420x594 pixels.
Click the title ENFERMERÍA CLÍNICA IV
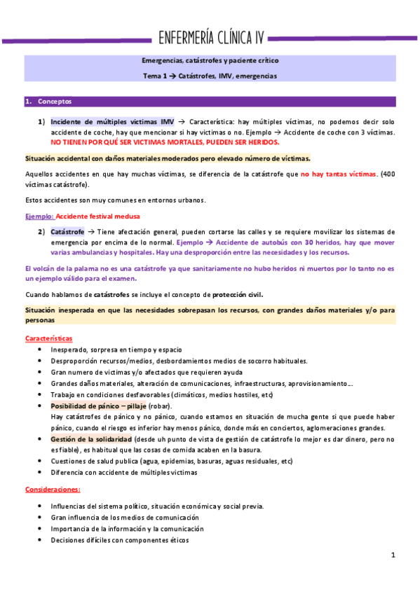click(x=210, y=37)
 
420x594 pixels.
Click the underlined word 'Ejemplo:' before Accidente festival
click(x=39, y=216)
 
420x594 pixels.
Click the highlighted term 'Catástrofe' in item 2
click(x=67, y=231)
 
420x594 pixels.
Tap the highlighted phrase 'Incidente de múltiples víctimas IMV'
click(x=112, y=122)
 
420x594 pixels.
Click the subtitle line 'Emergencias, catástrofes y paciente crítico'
click(x=210, y=62)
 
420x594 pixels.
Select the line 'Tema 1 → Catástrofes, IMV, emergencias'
click(x=210, y=76)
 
